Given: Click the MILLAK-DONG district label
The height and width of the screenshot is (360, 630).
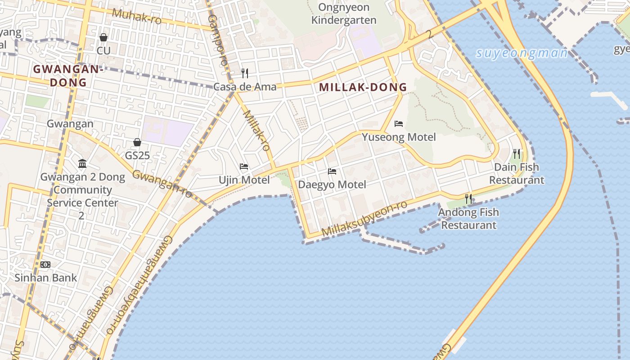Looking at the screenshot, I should tap(363, 87).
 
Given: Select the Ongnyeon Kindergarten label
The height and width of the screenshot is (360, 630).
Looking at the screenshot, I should tap(344, 14).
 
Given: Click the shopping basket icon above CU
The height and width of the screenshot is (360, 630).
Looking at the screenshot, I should tap(103, 37).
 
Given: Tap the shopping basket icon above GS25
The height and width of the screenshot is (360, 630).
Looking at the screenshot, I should tap(137, 143).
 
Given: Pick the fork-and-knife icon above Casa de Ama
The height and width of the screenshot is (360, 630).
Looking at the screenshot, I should tap(245, 73).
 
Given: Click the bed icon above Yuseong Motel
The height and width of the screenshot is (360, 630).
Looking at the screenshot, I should tap(399, 124).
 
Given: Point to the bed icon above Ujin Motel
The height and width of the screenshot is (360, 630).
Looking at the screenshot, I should tap(244, 166).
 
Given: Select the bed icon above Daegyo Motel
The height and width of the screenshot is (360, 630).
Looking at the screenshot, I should tap(332, 171).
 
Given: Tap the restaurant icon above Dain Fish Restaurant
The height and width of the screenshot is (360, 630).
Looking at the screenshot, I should tap(517, 154).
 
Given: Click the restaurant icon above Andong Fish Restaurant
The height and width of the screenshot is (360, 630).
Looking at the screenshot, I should tap(468, 198).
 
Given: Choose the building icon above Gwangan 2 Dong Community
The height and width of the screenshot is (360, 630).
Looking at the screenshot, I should tap(82, 163).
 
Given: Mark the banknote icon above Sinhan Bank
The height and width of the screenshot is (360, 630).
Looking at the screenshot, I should tap(45, 265).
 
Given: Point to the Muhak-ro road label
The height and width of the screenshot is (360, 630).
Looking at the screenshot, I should tap(136, 16).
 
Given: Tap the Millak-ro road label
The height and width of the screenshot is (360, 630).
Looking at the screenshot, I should tap(256, 130).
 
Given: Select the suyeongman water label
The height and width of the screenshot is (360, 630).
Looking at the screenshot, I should tap(522, 53).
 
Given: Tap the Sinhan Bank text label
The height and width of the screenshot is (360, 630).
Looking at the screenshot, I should tap(45, 278).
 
